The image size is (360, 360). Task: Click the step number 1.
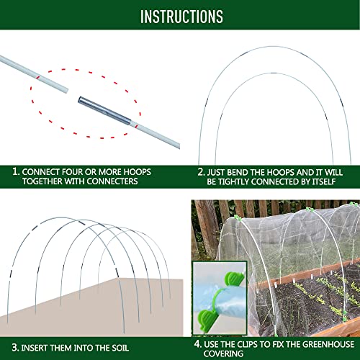[15, 172]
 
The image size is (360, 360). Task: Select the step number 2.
[201, 172]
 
